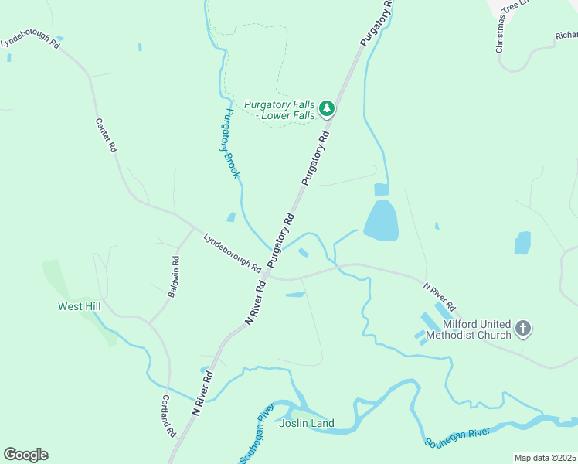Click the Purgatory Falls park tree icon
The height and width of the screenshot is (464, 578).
[x=328, y=108]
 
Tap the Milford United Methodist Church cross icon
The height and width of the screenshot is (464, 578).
[x=523, y=329]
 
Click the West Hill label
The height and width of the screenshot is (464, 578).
[x=80, y=307]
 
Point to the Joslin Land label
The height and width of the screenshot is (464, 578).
[x=307, y=423]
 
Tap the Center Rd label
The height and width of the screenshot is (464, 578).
[x=106, y=135]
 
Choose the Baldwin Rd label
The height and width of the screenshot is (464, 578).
[x=176, y=277]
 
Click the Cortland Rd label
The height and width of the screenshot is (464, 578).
[x=167, y=416]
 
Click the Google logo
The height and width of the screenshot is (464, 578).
[x=25, y=455]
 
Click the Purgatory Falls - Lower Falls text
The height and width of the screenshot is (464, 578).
[x=280, y=110]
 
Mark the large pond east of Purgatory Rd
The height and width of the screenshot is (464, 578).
[x=381, y=220]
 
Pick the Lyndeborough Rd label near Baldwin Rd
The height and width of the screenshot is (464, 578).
[x=232, y=253]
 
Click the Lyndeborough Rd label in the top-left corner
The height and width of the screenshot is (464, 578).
[x=29, y=40]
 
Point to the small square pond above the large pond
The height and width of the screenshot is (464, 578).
[x=381, y=189]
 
